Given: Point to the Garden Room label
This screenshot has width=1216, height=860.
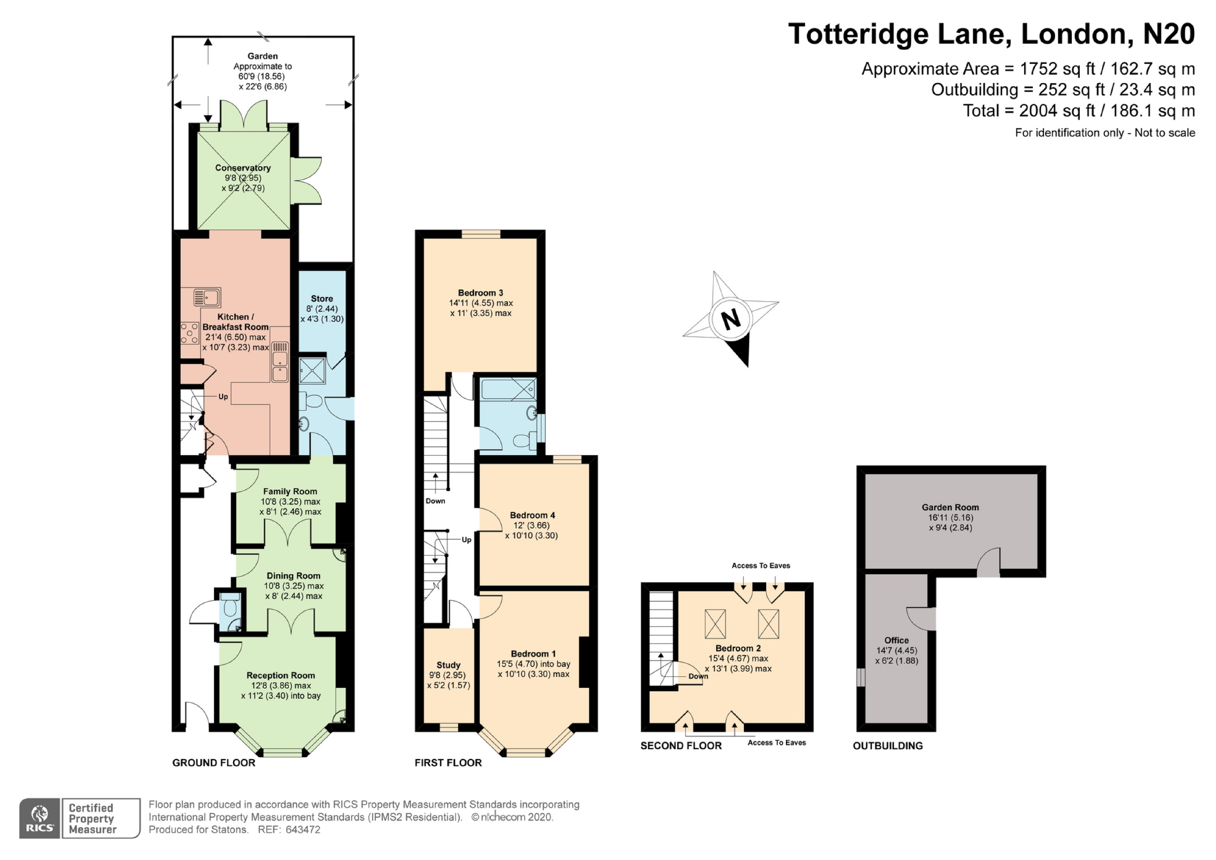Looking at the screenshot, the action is point(950,507).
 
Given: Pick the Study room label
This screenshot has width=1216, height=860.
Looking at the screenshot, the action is point(448,665).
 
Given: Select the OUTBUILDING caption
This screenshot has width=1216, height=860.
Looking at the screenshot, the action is point(888,746).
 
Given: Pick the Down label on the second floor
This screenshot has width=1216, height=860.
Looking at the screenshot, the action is point(698,676).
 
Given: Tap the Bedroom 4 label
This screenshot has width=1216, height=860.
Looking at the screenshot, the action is point(532,515).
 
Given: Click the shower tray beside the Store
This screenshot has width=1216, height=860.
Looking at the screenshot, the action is point(312,370).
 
